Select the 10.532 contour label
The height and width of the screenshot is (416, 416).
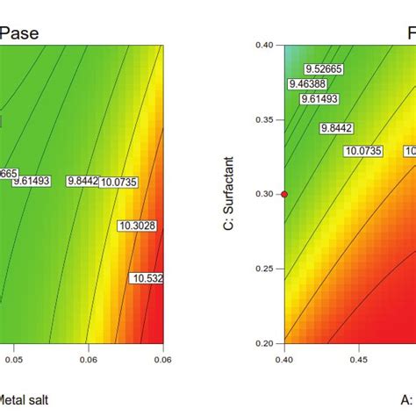pos(147,278)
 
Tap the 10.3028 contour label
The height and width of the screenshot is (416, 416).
pos(135,226)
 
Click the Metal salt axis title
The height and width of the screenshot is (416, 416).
pos(23,400)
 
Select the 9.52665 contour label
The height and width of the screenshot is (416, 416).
pos(322,68)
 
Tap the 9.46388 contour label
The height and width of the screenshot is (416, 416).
pos(306,84)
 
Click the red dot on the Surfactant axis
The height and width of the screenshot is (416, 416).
pos(283,193)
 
